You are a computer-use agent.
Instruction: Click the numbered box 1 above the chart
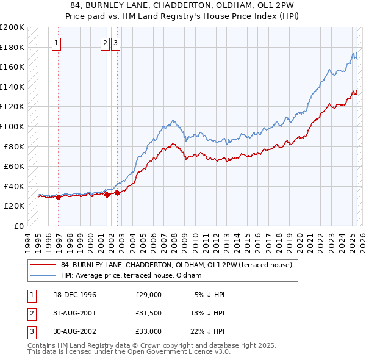pyautogui.click(x=56, y=43)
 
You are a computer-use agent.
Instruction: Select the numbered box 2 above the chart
pyautogui.click(x=105, y=43)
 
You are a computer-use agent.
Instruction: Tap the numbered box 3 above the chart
pyautogui.click(x=115, y=43)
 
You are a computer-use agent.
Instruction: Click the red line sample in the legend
pyautogui.click(x=43, y=265)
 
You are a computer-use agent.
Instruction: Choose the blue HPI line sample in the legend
pyautogui.click(x=43, y=275)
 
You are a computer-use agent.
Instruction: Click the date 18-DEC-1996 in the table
pyautogui.click(x=76, y=295)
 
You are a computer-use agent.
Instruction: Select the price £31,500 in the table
pyautogui.click(x=149, y=313)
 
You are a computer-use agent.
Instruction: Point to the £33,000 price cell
pyautogui.click(x=149, y=331)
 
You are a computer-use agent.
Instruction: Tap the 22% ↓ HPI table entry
pyautogui.click(x=207, y=331)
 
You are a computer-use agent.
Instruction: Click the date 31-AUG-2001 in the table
pyautogui.click(x=76, y=313)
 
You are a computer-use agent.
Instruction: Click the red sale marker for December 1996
pyautogui.click(x=58, y=197)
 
